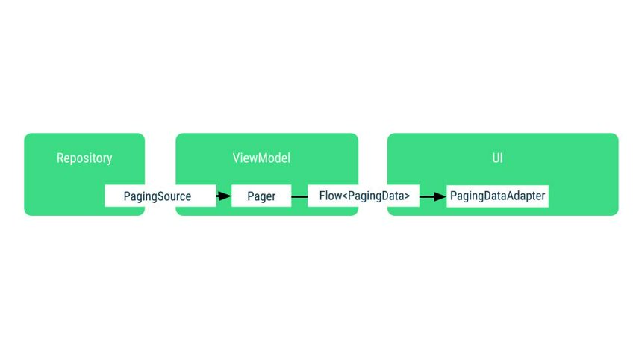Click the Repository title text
[84, 158]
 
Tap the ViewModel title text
[261, 158]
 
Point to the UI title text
[497, 158]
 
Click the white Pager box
[261, 196]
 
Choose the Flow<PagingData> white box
[364, 196]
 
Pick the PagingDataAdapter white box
[497, 196]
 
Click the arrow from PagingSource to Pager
[222, 196]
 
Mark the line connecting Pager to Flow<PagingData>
[299, 196]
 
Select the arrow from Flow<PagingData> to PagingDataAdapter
[431, 196]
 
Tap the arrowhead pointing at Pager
[226, 196]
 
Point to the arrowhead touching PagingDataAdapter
[440, 196]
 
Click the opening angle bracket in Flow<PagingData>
[345, 197]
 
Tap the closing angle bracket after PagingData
[407, 197]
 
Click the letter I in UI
[502, 158]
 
